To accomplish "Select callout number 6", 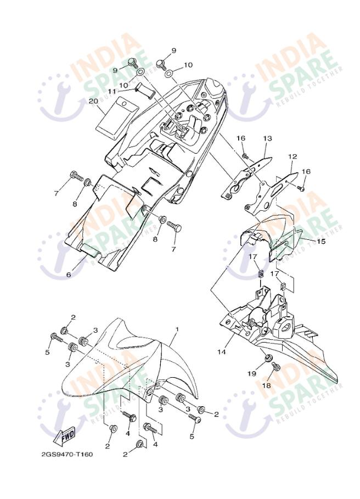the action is coord(69,275).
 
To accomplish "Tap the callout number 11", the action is coord(111,91).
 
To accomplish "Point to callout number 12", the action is coord(292,156).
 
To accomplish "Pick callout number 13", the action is coord(268,138).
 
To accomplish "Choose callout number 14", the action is coord(222,352).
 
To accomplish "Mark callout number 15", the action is coord(321,241).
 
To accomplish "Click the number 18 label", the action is coord(267,385).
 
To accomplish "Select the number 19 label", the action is coord(251,373).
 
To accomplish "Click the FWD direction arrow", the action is coord(65,435).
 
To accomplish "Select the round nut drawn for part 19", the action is coord(268,358).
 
